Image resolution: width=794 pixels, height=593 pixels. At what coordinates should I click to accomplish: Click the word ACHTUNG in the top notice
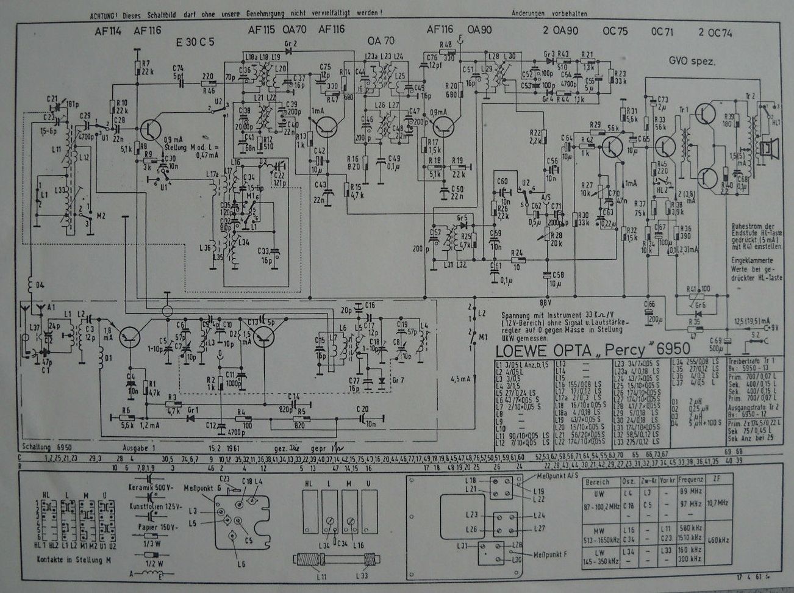point(104,12)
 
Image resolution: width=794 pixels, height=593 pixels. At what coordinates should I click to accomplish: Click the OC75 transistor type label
point(614,32)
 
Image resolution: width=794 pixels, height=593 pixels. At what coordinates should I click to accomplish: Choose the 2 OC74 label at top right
point(715,33)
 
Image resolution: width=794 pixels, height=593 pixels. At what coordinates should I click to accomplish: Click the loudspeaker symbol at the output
point(773,148)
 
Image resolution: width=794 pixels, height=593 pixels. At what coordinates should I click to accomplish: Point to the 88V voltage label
point(546,301)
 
